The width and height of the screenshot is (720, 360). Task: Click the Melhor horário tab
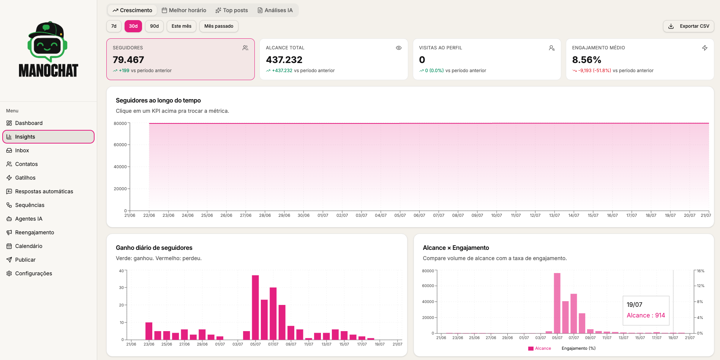point(184,10)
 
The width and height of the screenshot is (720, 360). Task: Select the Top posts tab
point(232,10)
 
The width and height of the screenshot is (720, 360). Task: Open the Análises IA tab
point(275,10)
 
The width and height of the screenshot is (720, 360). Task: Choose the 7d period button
point(114,26)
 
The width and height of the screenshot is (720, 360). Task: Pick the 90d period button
point(154,26)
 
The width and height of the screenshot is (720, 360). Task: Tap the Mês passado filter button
point(219,26)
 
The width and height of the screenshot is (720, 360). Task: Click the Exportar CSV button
point(688,26)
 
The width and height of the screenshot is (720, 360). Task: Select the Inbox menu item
point(22,150)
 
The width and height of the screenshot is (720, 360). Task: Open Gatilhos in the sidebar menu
point(25,178)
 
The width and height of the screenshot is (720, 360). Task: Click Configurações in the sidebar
point(33,273)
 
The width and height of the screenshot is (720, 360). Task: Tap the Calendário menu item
point(28,246)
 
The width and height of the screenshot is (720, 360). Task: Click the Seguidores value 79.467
point(128,60)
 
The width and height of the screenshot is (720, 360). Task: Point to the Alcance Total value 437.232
point(284,60)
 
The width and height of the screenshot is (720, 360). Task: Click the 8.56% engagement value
point(587,60)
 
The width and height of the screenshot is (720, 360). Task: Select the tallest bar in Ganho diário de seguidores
point(255,308)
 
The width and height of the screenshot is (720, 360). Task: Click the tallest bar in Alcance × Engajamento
point(557,303)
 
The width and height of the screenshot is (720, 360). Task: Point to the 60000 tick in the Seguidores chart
point(120,145)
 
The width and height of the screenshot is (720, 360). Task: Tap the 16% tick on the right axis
point(701,271)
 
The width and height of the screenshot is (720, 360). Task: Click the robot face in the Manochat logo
point(47,46)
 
